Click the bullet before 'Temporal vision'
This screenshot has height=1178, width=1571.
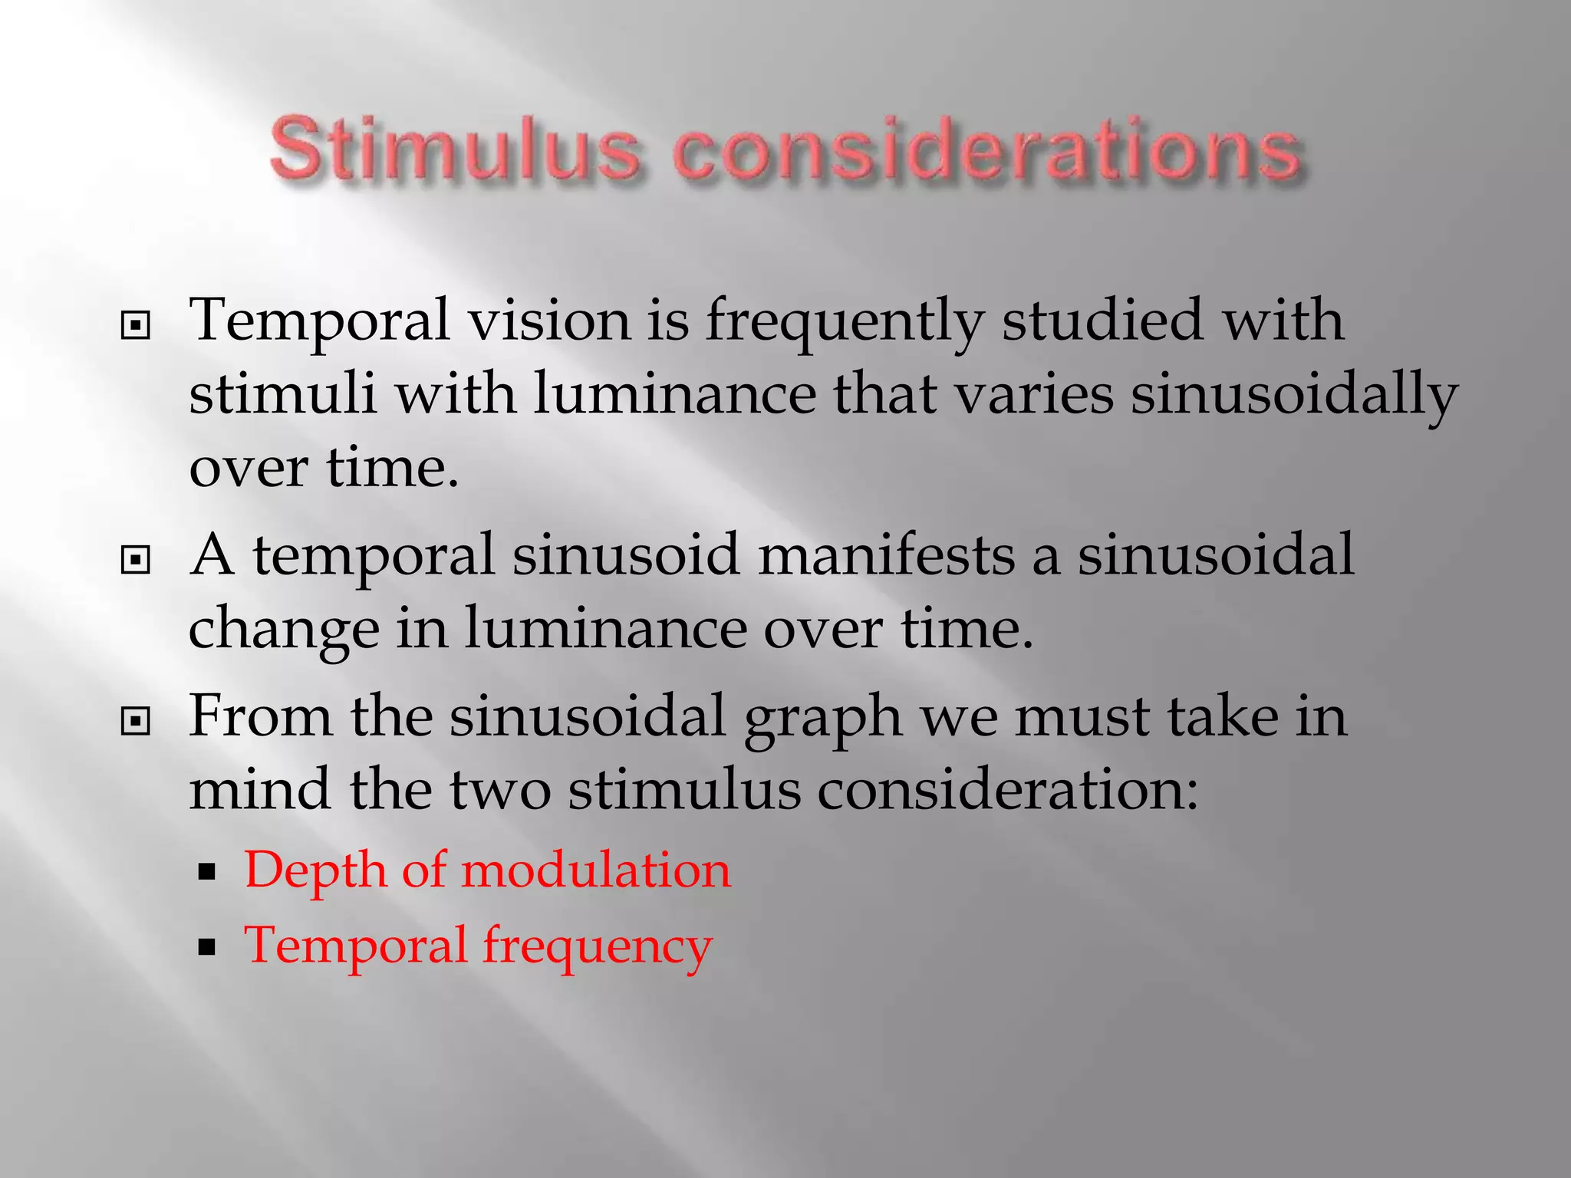(x=136, y=327)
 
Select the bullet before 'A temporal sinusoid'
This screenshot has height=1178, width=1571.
(x=136, y=561)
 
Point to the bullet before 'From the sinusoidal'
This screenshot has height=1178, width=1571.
(x=136, y=721)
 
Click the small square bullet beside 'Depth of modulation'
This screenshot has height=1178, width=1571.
(x=206, y=872)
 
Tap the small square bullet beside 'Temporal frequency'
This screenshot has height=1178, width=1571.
(x=206, y=947)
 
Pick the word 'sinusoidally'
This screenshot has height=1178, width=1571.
(x=1294, y=394)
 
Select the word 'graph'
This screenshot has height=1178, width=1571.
(x=823, y=718)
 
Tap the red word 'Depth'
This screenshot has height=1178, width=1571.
(x=315, y=871)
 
